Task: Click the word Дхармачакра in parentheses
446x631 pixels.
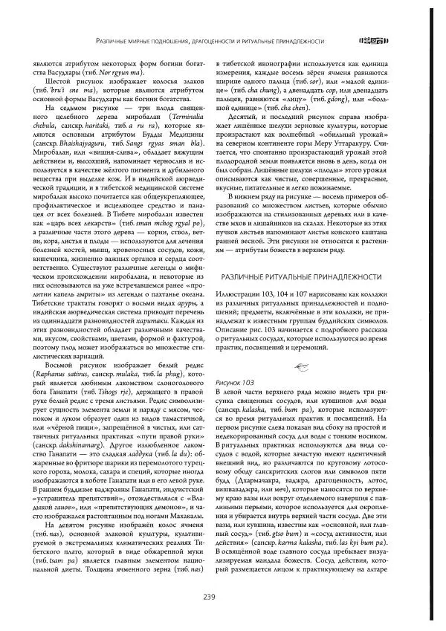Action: [253, 467]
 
